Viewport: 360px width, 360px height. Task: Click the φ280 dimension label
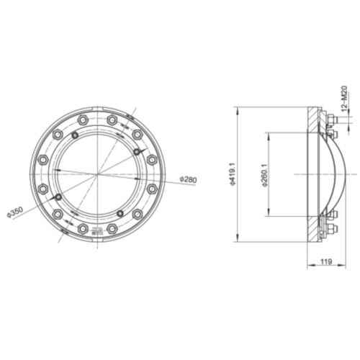click(188, 179)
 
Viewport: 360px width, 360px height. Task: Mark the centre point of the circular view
click(96, 175)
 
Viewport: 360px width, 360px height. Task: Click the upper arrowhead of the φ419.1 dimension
click(237, 110)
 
